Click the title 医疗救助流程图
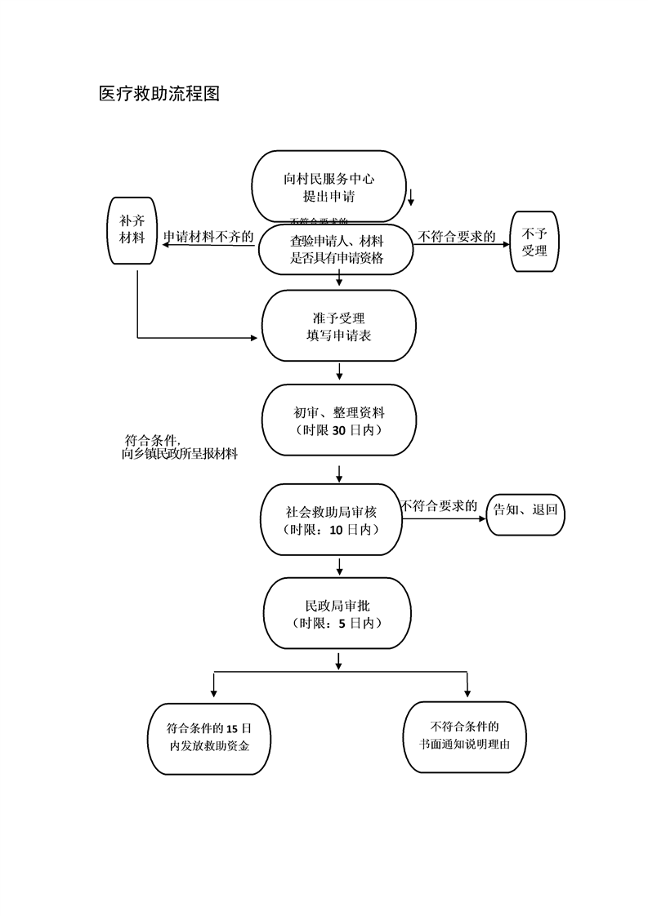pyautogui.click(x=159, y=94)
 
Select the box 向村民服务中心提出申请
pyautogui.click(x=328, y=187)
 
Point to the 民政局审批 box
pyautogui.click(x=337, y=615)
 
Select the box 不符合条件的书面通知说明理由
pyautogui.click(x=465, y=736)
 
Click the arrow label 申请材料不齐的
pyautogui.click(x=208, y=237)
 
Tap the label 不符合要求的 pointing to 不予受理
pyautogui.click(x=458, y=237)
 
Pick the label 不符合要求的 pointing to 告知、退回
pyautogui.click(x=439, y=506)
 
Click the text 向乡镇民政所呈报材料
pyautogui.click(x=179, y=455)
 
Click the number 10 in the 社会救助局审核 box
pyautogui.click(x=337, y=529)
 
